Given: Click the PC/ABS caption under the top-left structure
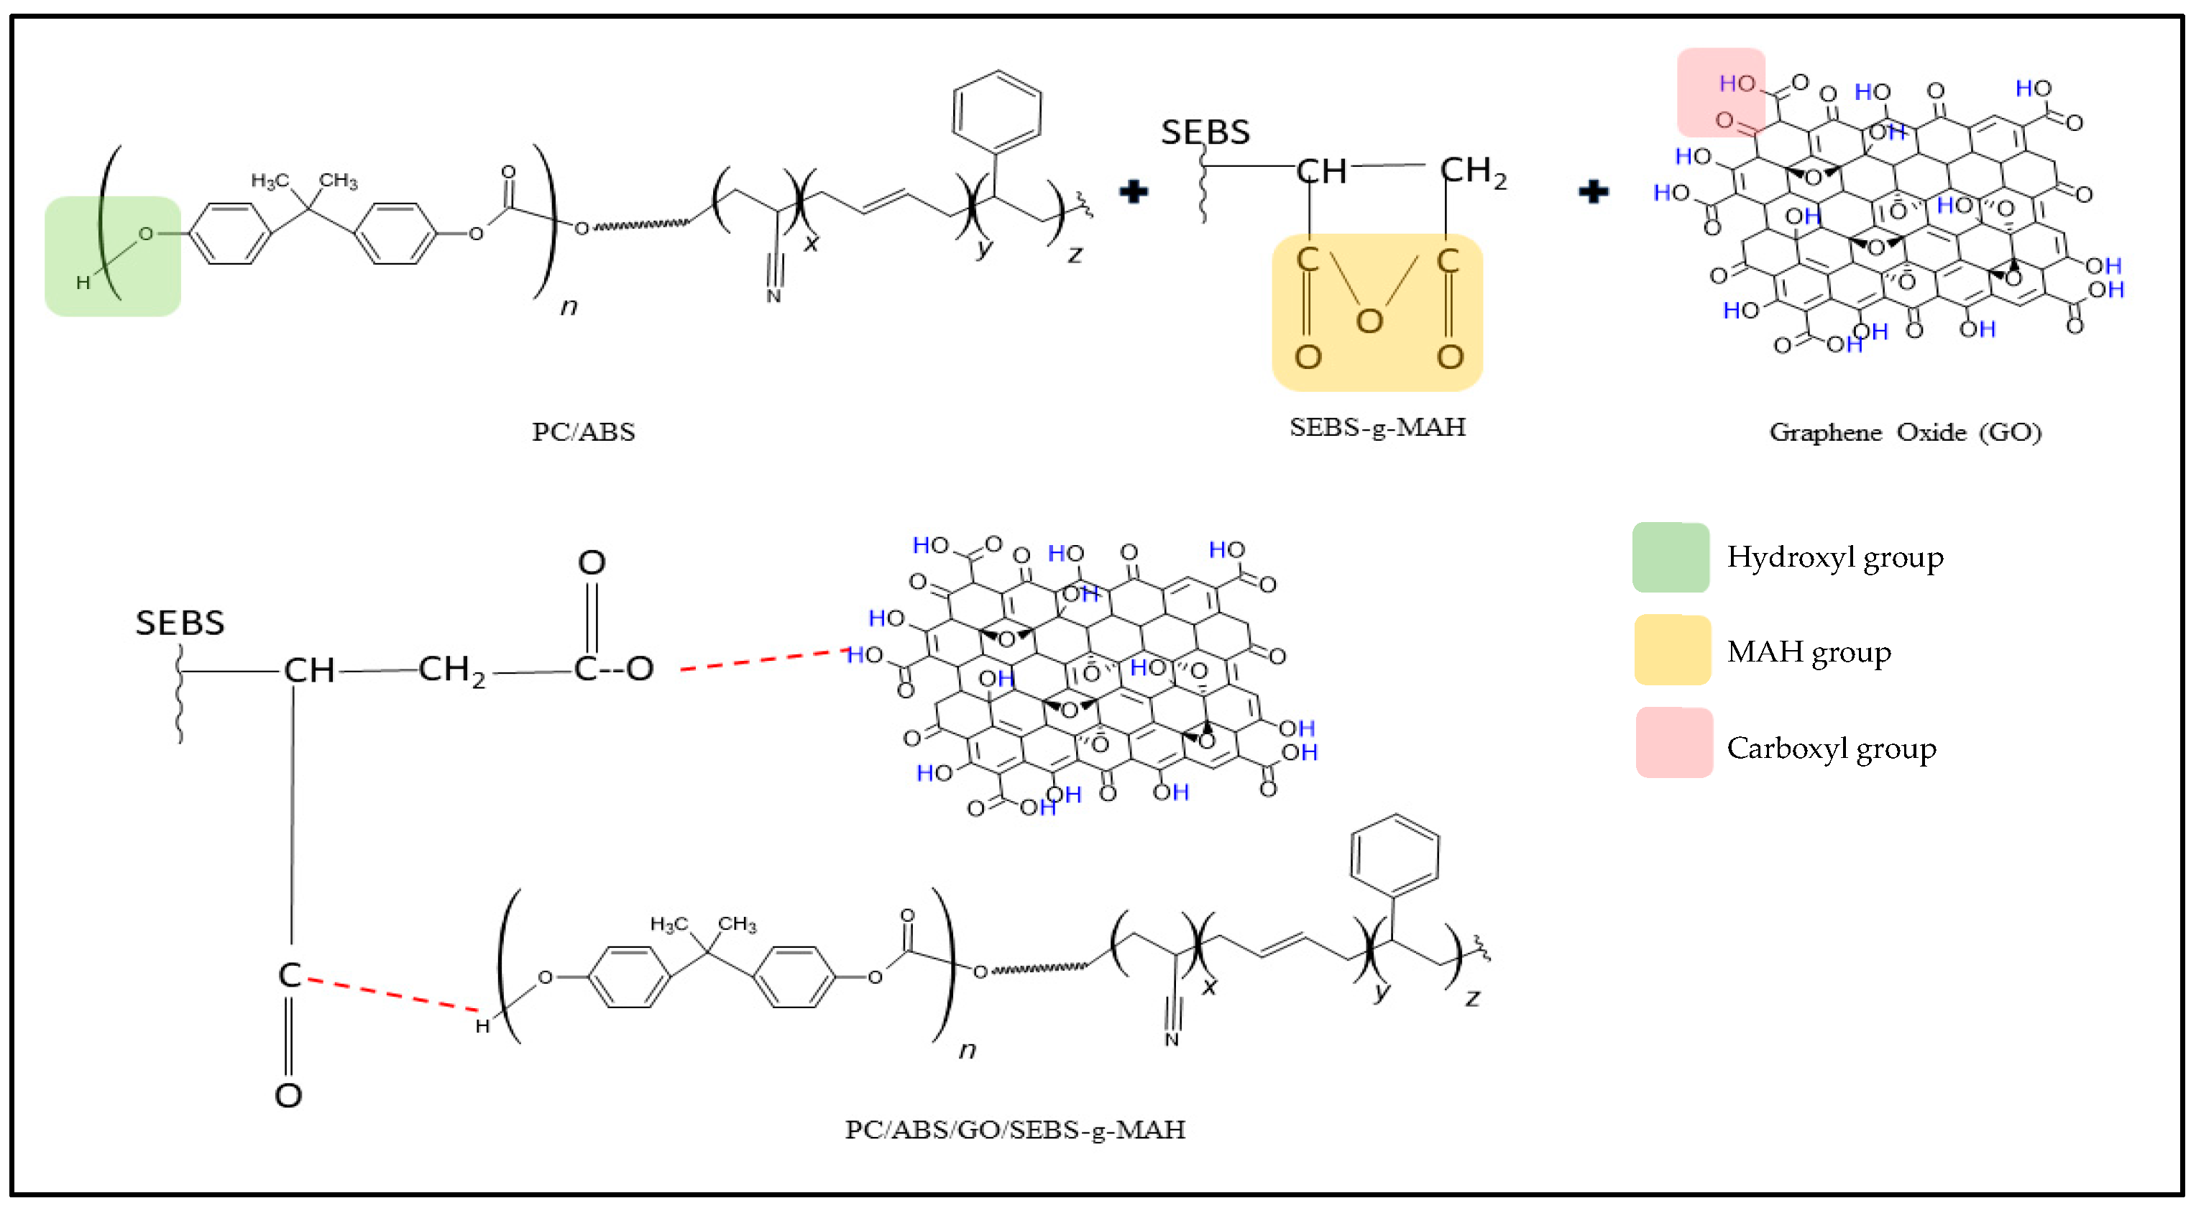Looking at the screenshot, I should [x=583, y=432].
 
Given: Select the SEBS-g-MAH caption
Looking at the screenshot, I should [x=1377, y=427].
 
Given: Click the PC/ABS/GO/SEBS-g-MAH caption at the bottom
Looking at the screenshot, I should [x=1014, y=1130].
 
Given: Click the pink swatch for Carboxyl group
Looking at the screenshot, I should [x=1673, y=743].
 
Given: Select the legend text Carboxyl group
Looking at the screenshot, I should [x=1831, y=749].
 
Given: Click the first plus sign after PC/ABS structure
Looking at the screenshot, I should [x=1133, y=192].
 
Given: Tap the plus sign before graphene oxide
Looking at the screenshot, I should [x=1592, y=192].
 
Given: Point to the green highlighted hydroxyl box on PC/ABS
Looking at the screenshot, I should [x=113, y=257].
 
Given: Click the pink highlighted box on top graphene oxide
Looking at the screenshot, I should [x=1719, y=92].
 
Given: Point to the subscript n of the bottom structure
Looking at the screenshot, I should [x=967, y=1050].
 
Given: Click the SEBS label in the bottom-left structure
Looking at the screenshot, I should [x=180, y=623].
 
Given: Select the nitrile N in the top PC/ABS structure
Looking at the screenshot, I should [x=773, y=296].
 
